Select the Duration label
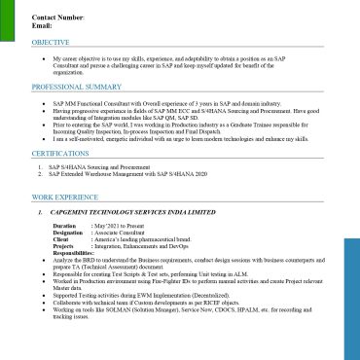tap(65, 226)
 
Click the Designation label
tap(69, 234)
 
